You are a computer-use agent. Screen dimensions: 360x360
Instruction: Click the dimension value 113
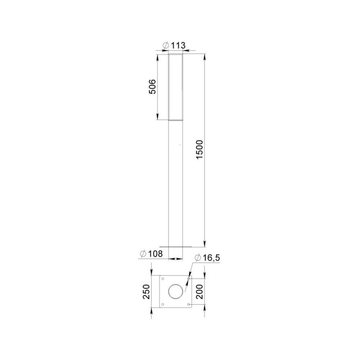tap(178, 45)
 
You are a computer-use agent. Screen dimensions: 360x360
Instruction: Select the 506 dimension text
tap(153, 86)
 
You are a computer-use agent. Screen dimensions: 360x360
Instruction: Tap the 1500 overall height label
tap(199, 149)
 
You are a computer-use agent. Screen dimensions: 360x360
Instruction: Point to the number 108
tap(155, 254)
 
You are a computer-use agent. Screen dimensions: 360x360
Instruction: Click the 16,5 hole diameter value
tap(211, 258)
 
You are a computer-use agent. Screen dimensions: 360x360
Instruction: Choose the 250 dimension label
tap(147, 292)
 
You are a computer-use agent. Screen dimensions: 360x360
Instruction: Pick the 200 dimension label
tap(199, 292)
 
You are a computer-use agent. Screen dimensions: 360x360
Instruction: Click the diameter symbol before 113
tap(166, 45)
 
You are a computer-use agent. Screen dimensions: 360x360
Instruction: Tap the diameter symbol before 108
tap(143, 254)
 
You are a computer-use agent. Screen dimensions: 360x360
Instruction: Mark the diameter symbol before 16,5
tap(198, 258)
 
